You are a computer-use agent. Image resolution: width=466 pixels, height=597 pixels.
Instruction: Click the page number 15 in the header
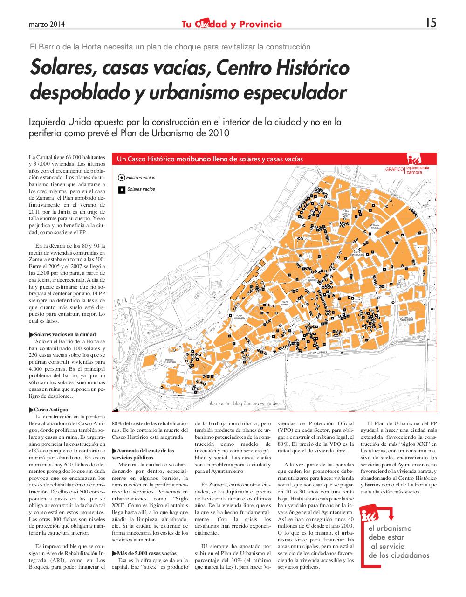click(431, 23)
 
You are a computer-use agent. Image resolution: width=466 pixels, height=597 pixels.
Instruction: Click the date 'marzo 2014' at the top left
click(46, 24)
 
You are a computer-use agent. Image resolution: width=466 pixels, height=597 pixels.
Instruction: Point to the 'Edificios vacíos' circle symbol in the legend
click(121, 178)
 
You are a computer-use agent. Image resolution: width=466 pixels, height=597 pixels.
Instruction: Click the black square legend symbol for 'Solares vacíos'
click(121, 190)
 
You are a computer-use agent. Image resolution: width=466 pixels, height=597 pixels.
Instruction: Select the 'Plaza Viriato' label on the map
click(284, 303)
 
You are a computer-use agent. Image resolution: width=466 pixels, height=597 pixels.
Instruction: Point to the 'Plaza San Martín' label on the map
click(239, 317)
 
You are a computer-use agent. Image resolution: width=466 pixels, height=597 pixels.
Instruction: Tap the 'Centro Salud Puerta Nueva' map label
click(406, 319)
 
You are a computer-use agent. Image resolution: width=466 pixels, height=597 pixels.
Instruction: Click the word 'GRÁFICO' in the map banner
click(394, 170)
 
